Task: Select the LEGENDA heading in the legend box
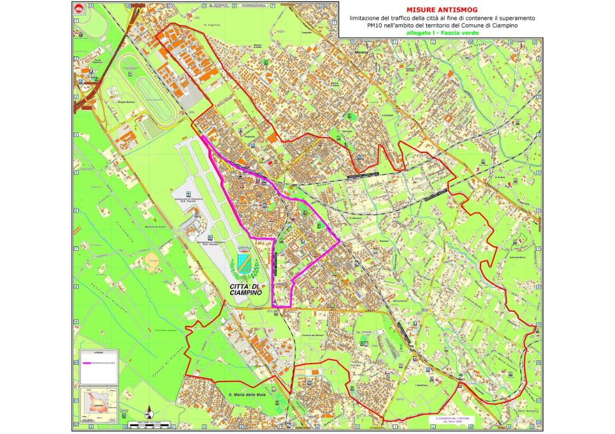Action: [99, 352]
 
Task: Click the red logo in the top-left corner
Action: [79, 8]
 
